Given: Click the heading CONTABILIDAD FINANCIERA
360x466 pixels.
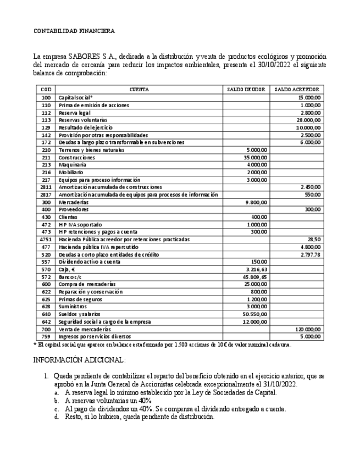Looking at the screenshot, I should coord(74,31).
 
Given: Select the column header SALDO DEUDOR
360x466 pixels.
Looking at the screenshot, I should coord(246,89).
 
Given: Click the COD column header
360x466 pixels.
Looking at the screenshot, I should coord(46,89).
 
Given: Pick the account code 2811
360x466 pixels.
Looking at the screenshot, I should coord(46,187).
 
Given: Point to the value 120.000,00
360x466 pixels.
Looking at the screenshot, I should coord(307,329).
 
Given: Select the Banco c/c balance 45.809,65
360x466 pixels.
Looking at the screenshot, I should coord(254,277).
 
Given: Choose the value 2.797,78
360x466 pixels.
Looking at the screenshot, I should coord(310,254).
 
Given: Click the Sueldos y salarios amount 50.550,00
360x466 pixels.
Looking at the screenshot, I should coord(255,314).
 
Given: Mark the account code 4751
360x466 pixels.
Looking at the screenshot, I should coord(46,240).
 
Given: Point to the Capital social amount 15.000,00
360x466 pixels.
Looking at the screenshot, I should coord(309,97).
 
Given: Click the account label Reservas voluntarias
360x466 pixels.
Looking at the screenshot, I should coord(83,119).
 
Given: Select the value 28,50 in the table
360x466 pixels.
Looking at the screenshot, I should coord(314,240).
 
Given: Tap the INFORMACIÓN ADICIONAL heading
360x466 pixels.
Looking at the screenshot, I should coord(79,360).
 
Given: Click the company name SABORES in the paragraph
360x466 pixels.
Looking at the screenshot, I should coord(82,57).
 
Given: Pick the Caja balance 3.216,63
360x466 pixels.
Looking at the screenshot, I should coord(256,269).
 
